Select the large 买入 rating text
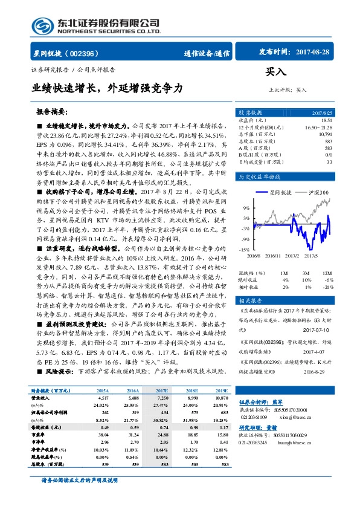pos(275,72)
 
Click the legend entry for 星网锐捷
pos(276,193)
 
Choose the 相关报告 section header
pos(250,300)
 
